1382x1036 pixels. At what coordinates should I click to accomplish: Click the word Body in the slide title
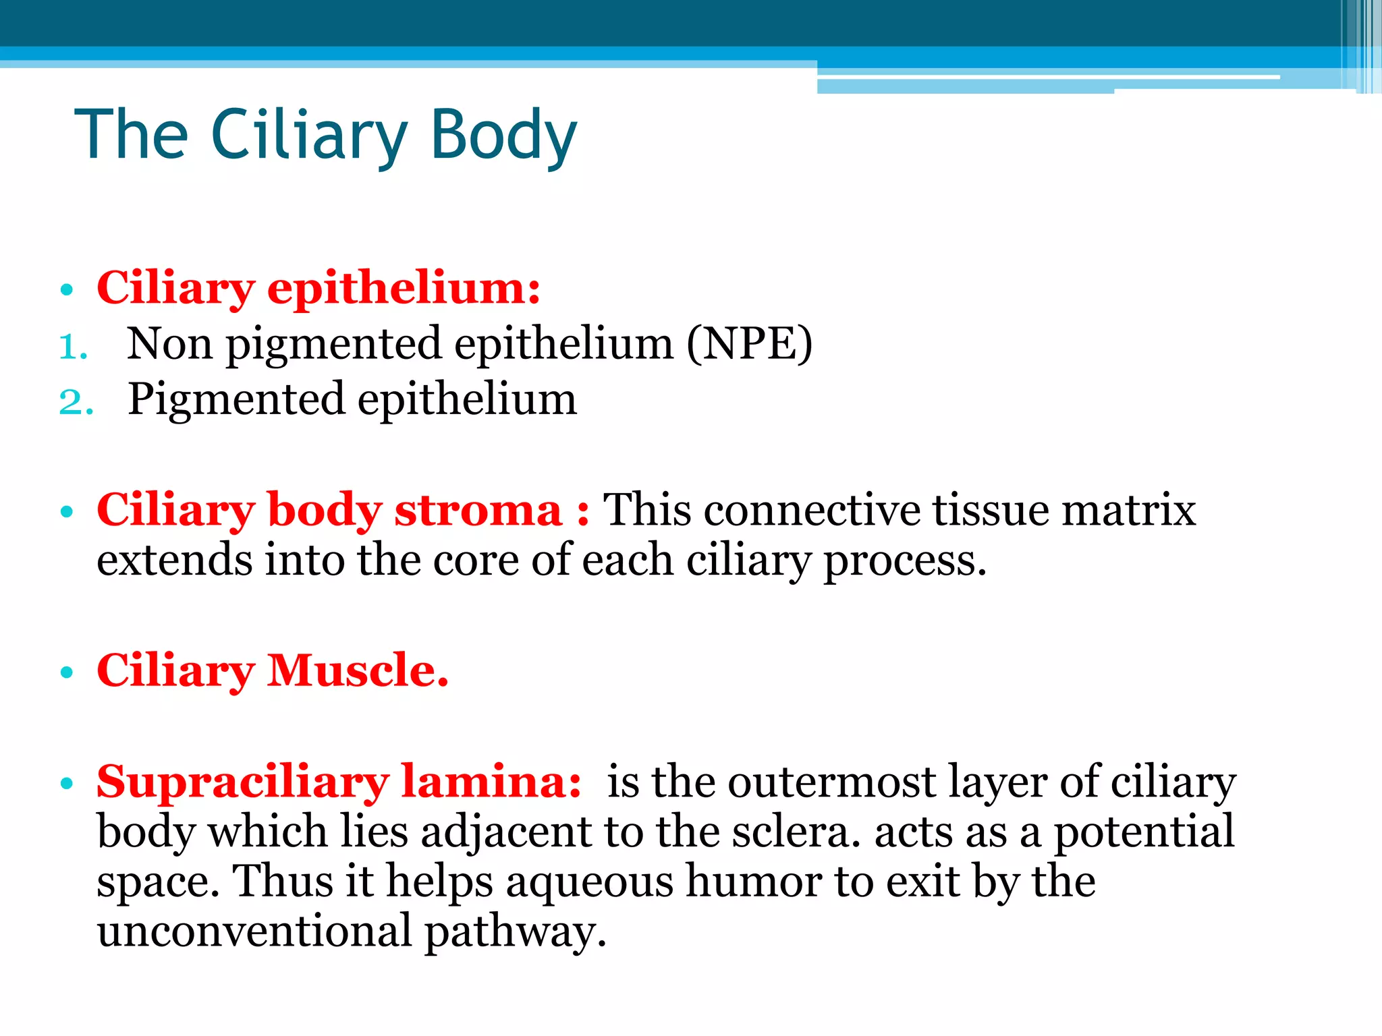tap(503, 135)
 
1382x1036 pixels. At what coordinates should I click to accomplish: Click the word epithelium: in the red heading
tap(404, 289)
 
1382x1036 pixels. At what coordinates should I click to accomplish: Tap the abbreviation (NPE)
tap(749, 344)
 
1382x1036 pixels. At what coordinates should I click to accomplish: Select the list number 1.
tap(73, 347)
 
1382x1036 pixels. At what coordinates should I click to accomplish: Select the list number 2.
tap(75, 402)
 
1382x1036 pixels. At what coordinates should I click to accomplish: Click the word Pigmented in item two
tap(236, 399)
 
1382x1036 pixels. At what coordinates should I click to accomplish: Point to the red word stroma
tap(478, 509)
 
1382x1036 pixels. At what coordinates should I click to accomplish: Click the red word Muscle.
tap(358, 670)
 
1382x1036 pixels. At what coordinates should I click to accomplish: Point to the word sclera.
tap(796, 832)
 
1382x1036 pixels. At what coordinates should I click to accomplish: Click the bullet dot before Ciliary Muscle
tap(66, 672)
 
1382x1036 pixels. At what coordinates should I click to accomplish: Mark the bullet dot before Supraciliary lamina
tap(66, 784)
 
